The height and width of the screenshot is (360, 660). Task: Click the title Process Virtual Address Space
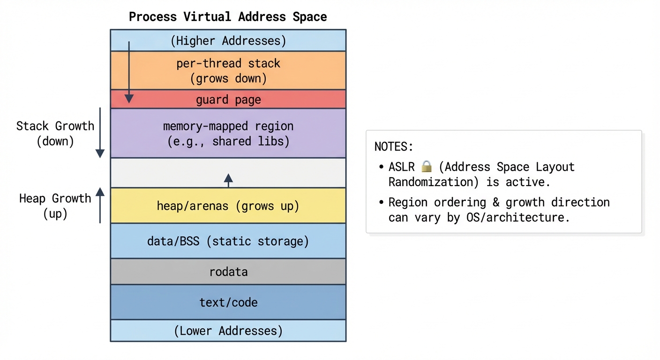[x=228, y=17]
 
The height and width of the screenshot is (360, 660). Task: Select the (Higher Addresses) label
[x=228, y=41]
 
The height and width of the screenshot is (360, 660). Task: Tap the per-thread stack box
[x=228, y=70]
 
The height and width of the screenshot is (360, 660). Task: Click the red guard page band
[x=228, y=99]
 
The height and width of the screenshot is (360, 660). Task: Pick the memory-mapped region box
[x=228, y=133]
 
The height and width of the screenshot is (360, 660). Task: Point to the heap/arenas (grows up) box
[x=228, y=206]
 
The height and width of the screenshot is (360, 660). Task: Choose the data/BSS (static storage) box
[x=228, y=241]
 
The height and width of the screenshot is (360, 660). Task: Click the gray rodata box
[x=228, y=272]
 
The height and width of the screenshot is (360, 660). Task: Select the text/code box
[x=228, y=302]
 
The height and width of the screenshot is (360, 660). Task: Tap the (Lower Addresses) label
[x=228, y=331]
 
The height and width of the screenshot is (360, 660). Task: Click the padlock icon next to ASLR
[x=426, y=166]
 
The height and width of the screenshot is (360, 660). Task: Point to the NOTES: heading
[x=394, y=146]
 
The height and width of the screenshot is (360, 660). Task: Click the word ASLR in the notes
[x=402, y=167]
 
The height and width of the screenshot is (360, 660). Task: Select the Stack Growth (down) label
[x=55, y=133]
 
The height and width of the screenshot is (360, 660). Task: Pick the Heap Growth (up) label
[x=55, y=206]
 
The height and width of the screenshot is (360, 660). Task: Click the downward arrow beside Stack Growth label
[x=100, y=133]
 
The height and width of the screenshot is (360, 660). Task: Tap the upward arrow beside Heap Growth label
[x=100, y=205]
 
